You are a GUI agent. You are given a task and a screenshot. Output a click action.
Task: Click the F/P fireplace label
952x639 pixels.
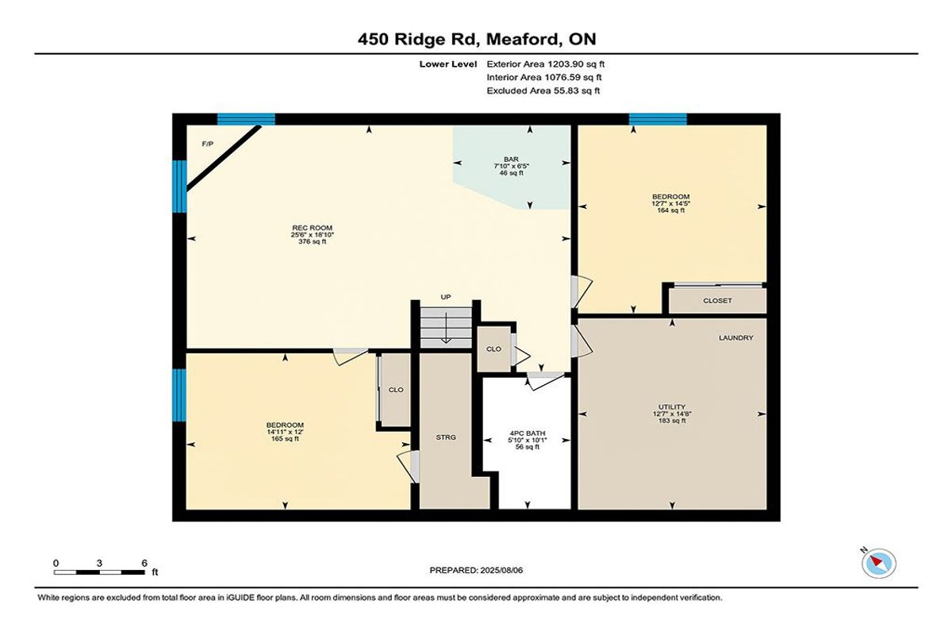point(207,144)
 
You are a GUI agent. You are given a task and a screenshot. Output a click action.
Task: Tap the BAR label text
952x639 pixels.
point(511,160)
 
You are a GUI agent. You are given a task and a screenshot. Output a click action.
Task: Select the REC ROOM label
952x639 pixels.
point(312,228)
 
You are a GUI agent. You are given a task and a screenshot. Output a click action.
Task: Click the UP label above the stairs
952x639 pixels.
point(445,297)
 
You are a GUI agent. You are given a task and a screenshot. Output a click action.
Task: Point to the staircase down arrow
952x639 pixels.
point(446,328)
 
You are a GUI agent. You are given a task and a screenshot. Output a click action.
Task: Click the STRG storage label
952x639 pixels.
point(446,437)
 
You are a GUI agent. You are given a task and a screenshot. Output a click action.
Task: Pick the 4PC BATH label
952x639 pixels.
point(528,433)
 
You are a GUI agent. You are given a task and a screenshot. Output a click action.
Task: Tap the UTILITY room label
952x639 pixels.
point(672,407)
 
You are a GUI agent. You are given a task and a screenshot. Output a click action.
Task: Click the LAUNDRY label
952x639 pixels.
point(736,337)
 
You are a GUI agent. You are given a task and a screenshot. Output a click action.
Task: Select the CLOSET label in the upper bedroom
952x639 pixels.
point(717,301)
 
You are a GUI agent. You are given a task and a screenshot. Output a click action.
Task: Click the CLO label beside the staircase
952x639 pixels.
point(493,349)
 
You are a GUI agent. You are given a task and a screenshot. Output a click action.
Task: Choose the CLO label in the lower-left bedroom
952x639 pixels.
point(396,390)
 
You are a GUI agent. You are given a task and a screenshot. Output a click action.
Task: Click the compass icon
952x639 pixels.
point(878,564)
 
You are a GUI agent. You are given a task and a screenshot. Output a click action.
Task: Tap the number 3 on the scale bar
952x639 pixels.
point(99,564)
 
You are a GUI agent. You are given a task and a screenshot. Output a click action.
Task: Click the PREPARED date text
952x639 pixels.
point(476,570)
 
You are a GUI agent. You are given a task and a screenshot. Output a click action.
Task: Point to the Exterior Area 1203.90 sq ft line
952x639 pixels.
point(545,64)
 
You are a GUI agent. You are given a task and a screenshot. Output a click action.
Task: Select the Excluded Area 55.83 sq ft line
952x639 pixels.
point(543,90)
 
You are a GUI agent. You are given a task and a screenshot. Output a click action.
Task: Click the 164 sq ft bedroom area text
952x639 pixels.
point(670,210)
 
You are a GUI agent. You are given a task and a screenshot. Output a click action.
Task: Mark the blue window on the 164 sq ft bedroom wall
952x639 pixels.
point(658,119)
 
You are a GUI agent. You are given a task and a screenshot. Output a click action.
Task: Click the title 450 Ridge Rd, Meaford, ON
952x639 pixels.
point(477,39)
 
